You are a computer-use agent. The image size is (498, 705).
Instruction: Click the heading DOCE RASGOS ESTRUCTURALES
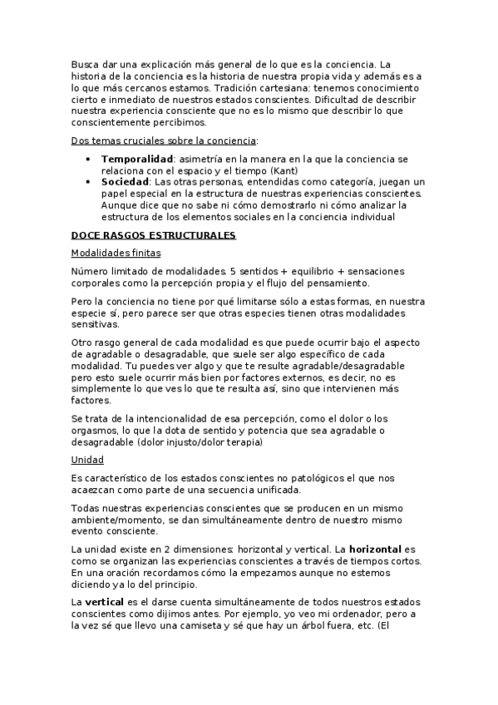coord(154,236)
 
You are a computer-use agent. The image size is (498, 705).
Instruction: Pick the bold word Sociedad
coord(124,181)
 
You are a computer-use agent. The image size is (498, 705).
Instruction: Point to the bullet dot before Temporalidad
coord(88,159)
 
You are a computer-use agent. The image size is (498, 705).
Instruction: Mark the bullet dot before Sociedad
coord(88,182)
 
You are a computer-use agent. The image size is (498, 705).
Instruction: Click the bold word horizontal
coord(377,550)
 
